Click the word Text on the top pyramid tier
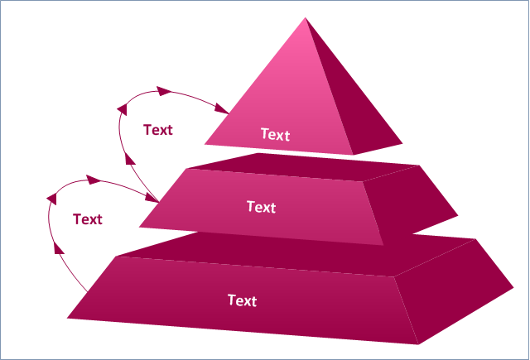click(x=276, y=134)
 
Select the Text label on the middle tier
click(x=262, y=207)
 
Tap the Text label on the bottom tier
click(x=243, y=300)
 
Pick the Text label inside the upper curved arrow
click(x=158, y=130)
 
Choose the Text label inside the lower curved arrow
click(x=88, y=219)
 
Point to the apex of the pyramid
click(x=306, y=17)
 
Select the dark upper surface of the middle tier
click(x=304, y=167)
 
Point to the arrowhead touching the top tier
click(x=222, y=108)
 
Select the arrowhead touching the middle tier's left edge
click(x=152, y=197)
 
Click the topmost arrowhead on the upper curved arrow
click(x=164, y=91)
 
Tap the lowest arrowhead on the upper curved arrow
click(x=130, y=158)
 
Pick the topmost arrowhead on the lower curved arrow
click(x=94, y=180)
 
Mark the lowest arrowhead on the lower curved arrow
click(x=59, y=247)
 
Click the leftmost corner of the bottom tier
click(x=67, y=318)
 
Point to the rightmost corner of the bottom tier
click(x=513, y=288)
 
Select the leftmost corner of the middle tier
click(x=139, y=227)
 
